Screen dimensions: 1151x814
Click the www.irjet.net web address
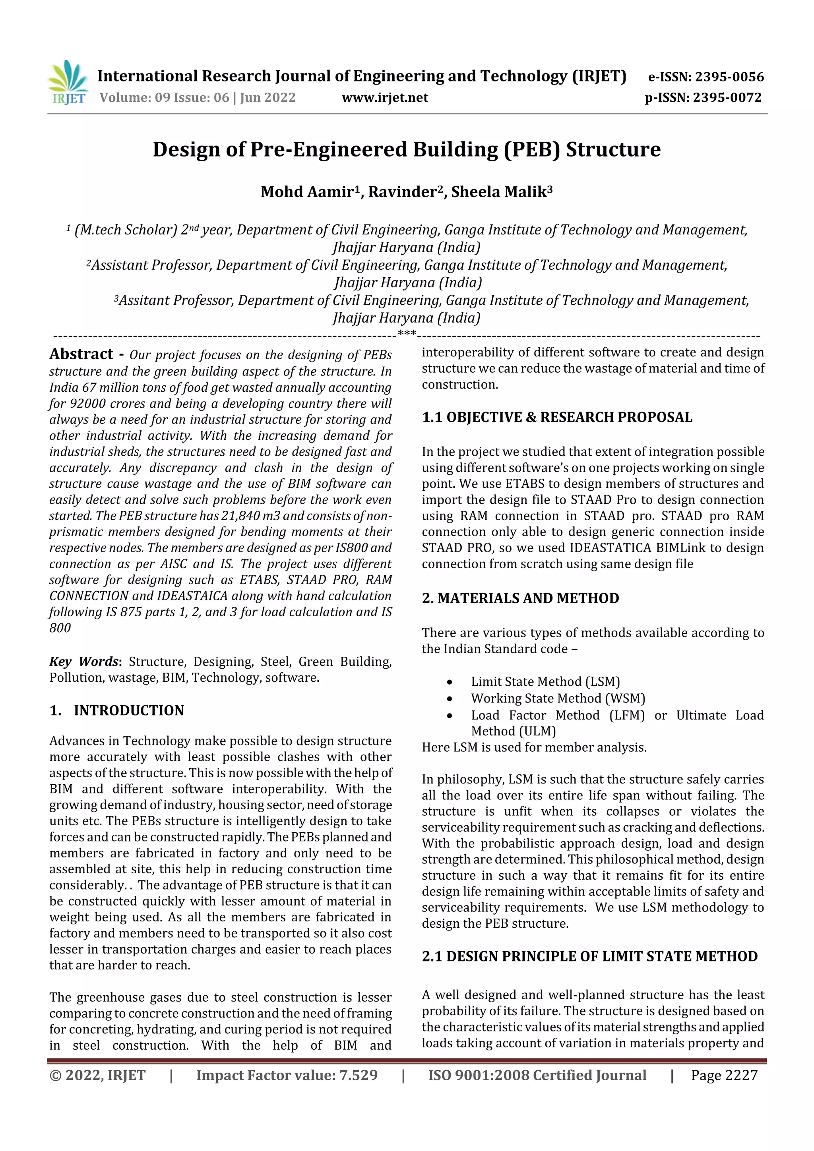click(385, 98)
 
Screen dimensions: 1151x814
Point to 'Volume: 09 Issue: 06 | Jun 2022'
click(198, 98)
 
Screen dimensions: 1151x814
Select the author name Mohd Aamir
click(307, 192)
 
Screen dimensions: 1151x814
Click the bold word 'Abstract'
click(81, 354)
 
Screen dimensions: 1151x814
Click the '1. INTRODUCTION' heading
click(117, 710)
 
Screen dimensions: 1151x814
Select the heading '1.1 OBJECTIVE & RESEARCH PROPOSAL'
click(557, 417)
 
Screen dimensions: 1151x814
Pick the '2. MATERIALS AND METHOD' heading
click(520, 598)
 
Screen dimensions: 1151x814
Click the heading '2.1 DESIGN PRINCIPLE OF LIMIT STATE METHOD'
click(589, 956)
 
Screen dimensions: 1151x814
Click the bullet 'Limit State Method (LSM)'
click(545, 682)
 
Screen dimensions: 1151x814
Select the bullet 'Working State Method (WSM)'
click(558, 698)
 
